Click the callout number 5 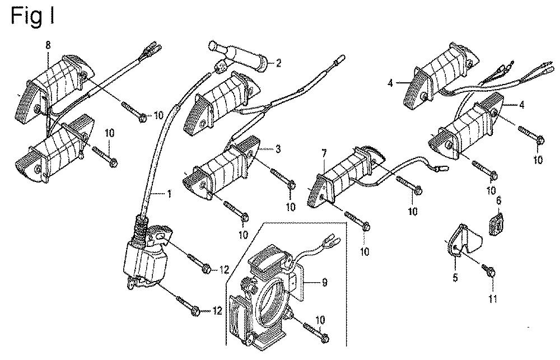455,276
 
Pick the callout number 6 499,199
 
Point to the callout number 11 492,298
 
